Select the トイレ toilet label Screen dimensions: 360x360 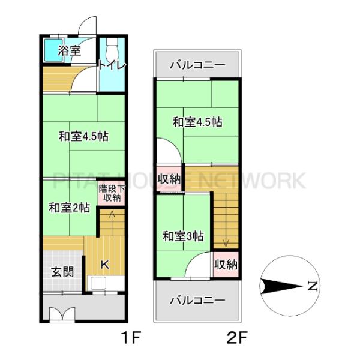tap(112, 65)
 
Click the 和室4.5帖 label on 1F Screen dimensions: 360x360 tap(83, 136)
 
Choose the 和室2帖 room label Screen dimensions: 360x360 tap(69, 208)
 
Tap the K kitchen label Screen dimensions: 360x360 tap(103, 264)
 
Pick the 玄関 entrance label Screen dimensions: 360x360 tap(62, 271)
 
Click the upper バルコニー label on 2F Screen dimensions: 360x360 tap(197, 64)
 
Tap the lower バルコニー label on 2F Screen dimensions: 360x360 tap(197, 300)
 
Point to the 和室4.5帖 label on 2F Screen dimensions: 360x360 tap(197, 122)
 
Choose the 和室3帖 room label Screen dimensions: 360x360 tap(183, 236)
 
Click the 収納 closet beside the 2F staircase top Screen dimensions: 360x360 tap(169, 179)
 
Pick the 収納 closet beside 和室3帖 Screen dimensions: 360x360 tap(226, 265)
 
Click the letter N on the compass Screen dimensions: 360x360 tap(311, 287)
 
